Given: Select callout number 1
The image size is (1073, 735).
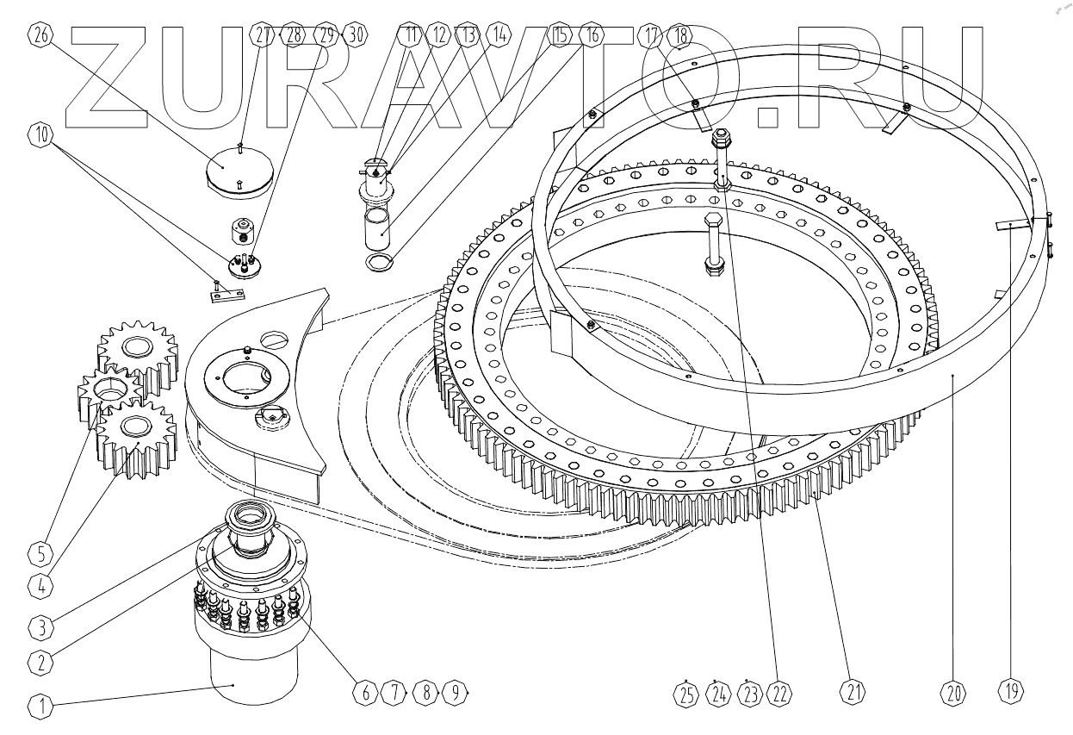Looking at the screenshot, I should [x=40, y=707].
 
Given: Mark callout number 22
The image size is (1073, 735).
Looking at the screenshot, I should [x=783, y=691].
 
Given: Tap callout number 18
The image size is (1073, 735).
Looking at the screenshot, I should [x=681, y=35].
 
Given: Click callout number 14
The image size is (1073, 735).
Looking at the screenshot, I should [x=497, y=35].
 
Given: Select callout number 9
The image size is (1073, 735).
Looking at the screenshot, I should [x=456, y=691].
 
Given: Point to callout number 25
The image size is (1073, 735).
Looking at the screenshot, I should [x=686, y=691].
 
